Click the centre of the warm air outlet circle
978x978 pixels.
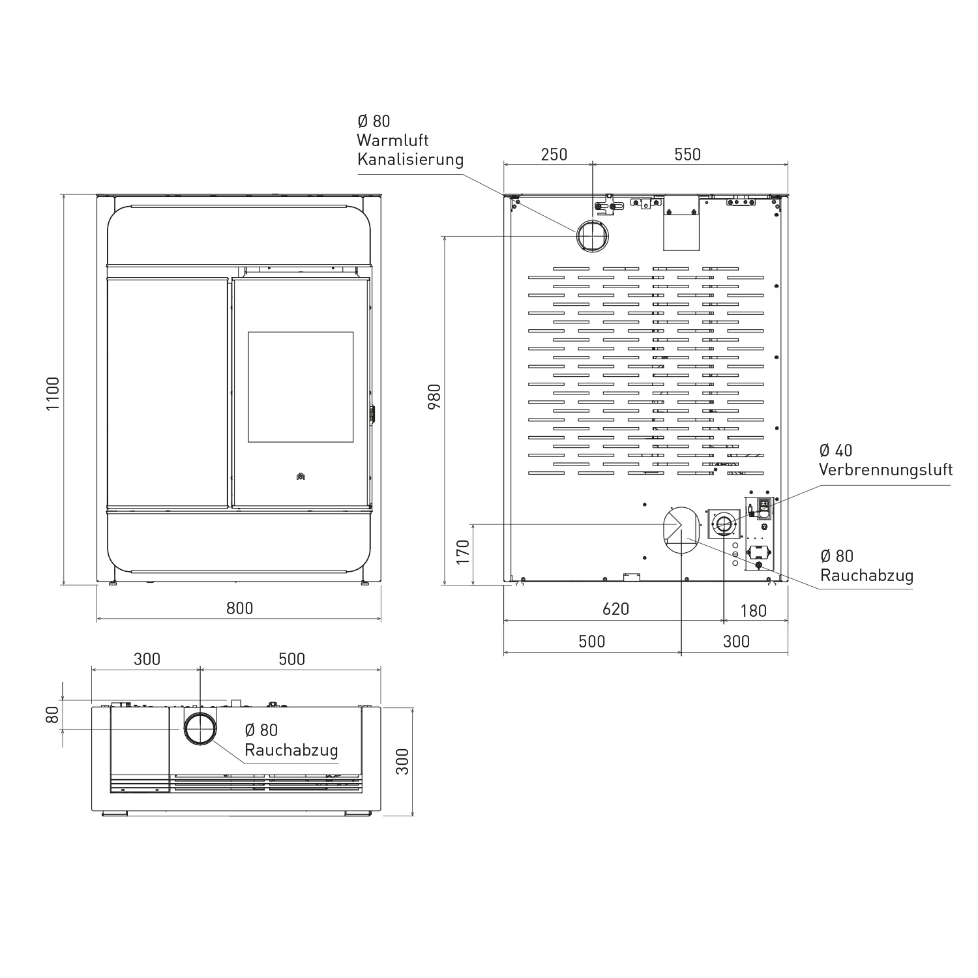click(593, 235)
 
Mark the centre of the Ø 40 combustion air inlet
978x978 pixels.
click(724, 523)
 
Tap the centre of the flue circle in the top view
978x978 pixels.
click(200, 728)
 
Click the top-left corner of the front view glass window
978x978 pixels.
click(248, 332)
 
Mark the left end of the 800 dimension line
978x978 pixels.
click(97, 617)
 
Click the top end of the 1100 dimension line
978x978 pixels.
click(63, 194)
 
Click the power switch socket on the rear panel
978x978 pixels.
click(764, 507)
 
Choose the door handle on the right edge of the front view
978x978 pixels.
click(372, 415)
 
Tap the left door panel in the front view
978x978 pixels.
click(168, 393)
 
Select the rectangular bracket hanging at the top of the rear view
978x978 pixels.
click(681, 223)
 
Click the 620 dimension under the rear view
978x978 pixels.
click(615, 609)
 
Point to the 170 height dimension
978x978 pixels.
click(462, 552)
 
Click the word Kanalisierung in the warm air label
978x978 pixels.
click(410, 159)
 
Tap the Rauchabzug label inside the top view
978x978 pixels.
click(291, 750)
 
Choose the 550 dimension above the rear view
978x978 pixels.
click(687, 154)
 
